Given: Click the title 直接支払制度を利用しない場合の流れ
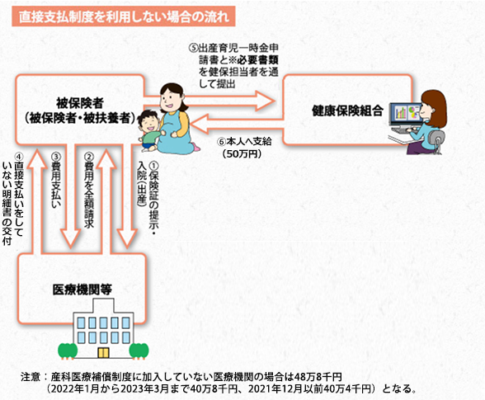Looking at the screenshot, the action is point(124,16).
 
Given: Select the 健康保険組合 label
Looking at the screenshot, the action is point(348,111).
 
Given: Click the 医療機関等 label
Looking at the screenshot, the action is point(82,289).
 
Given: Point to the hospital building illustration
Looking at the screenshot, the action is point(103,328).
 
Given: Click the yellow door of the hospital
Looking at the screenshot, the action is point(103,353).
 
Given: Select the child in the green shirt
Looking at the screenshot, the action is point(148,131).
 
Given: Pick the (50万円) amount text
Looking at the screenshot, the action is point(242,153).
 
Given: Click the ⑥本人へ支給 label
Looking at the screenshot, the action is point(244,142).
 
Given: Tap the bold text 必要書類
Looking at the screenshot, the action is point(258,59).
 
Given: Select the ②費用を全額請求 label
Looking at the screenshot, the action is point(89,191).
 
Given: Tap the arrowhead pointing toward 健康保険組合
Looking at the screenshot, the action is point(266,101).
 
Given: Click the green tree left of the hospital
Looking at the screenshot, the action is point(68,351).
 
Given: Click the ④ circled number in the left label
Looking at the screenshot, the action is point(18,156).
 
